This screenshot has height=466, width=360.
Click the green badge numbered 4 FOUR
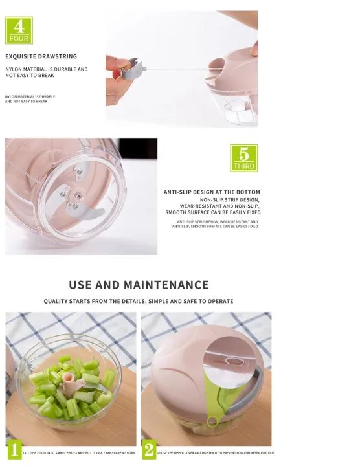19,30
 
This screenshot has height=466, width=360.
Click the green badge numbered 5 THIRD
244,158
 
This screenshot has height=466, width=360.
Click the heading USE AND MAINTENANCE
139,285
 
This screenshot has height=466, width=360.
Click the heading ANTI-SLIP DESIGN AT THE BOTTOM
212,192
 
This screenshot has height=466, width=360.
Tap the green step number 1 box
14,450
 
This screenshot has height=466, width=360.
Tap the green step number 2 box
150,450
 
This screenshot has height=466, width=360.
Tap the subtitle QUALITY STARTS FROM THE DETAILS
139,302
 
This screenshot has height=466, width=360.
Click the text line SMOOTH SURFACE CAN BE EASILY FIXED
213,212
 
